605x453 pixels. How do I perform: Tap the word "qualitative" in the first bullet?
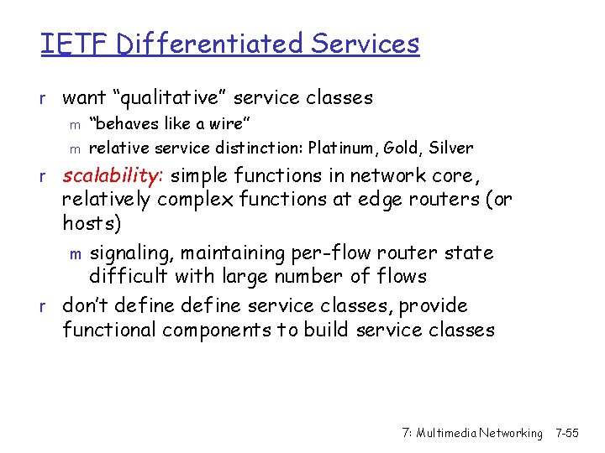(193, 98)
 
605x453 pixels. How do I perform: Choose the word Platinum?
(342, 148)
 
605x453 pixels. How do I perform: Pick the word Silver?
(451, 148)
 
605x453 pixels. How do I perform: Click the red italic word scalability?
(111, 176)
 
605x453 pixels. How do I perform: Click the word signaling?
(130, 253)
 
